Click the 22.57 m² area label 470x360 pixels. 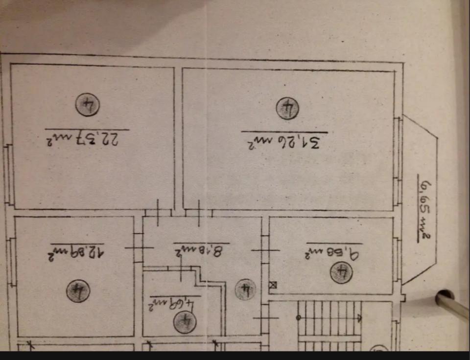pos(86,138)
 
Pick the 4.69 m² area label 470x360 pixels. pos(173,303)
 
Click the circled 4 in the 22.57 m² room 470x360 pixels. pos(88,105)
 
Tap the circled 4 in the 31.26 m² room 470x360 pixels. pos(287,109)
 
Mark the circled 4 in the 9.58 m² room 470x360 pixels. pos(342,272)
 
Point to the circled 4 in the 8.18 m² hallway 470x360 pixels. pos(244,292)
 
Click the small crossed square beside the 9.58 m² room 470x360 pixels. pos(273,285)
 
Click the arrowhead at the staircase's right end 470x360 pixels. pos(360,317)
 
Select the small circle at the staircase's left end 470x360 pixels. pos(298,317)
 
